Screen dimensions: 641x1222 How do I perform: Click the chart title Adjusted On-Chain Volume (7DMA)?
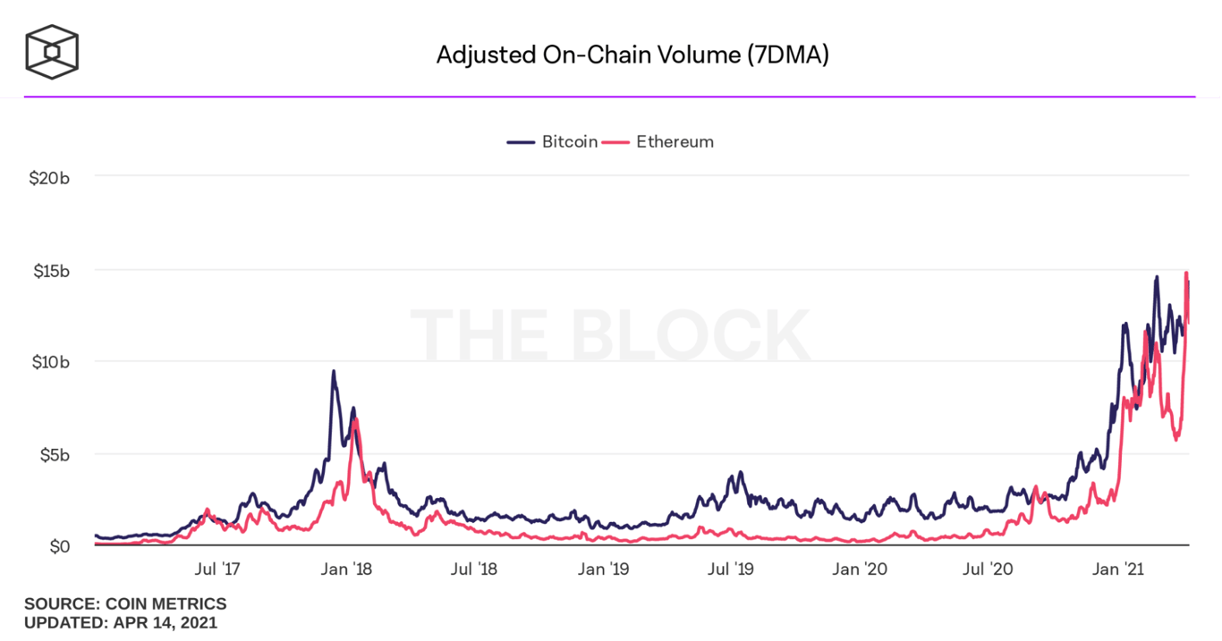[632, 55]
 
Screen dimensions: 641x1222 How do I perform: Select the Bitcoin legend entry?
[553, 141]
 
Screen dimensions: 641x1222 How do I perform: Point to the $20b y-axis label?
[50, 178]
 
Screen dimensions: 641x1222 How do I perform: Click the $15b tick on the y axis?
[50, 270]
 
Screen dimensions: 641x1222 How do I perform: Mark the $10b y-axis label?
[50, 362]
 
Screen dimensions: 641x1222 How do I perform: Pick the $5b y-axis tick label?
[54, 454]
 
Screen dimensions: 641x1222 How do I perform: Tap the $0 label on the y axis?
[60, 546]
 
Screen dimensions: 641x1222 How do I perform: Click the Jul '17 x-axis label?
[218, 569]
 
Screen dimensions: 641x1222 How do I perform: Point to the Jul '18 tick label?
[474, 569]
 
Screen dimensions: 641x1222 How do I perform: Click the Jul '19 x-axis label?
[732, 569]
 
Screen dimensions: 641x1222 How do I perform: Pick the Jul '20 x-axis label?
[989, 569]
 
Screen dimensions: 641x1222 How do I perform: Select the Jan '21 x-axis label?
[1120, 569]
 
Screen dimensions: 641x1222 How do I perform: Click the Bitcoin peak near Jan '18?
[334, 371]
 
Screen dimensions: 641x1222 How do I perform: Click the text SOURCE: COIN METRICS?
[125, 604]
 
